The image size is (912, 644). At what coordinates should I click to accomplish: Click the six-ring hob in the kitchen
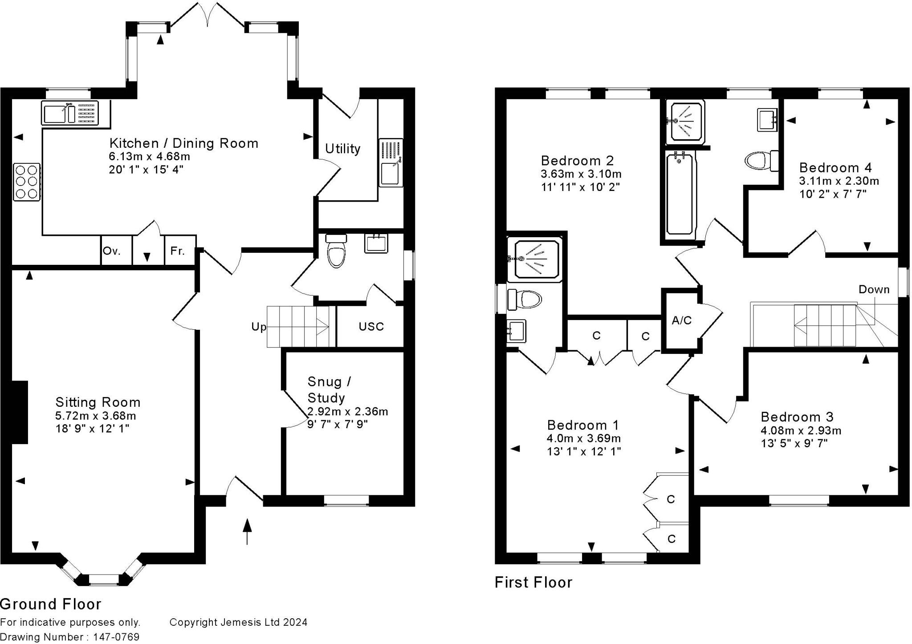point(27,182)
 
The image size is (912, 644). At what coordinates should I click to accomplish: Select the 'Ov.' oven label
point(112,251)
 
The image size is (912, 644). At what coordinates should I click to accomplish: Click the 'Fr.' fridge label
point(177,251)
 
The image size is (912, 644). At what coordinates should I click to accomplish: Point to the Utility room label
point(342,149)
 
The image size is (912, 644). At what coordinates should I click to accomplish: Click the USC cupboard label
point(371,327)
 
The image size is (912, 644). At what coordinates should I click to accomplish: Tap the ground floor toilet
point(336,251)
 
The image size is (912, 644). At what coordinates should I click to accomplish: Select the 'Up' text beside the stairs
point(259,327)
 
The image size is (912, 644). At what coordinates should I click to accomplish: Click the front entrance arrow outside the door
point(247,531)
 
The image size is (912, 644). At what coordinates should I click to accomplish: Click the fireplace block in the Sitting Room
point(20,412)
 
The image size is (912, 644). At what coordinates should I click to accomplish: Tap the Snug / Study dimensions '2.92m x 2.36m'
point(348,412)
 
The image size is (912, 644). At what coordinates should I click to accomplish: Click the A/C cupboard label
point(681,320)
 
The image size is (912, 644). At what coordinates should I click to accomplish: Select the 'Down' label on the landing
point(874,290)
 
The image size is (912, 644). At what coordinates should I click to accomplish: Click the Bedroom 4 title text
point(835,168)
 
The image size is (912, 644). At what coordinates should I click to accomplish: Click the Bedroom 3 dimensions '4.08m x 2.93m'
point(801,430)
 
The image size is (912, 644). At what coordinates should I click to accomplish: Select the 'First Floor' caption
point(533,582)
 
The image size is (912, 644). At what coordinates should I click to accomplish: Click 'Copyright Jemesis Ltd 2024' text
point(238,622)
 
